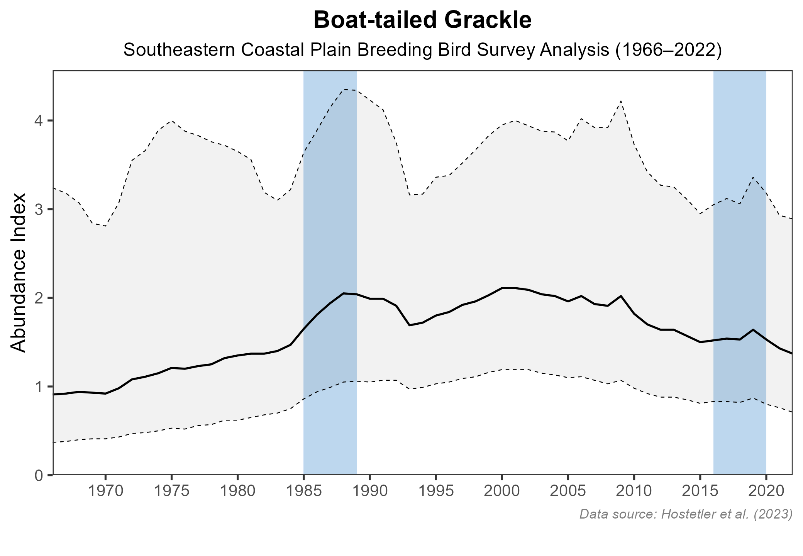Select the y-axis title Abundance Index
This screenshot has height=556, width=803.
19,273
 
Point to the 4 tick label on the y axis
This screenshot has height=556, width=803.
39,121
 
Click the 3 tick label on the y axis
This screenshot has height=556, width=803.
39,210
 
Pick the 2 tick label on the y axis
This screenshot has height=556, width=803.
39,298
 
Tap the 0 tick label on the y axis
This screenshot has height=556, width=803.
39,475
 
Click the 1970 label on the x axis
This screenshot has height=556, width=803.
105,492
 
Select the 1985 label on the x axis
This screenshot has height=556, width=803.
304,492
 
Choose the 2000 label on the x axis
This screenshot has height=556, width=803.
502,492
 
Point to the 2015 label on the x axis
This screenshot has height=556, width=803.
700,492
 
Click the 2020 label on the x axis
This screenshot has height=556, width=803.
766,492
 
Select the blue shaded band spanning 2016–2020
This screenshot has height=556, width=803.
740,251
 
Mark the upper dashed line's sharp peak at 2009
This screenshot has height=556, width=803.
621,101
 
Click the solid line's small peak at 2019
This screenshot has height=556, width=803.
753,330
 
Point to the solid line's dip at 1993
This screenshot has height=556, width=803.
409,325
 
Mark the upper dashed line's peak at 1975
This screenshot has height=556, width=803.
172,121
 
